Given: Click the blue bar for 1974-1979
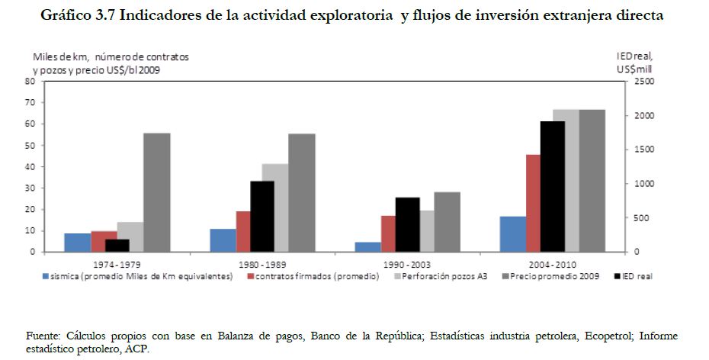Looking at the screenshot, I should coord(77,243).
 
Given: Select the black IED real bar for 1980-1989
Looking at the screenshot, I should coord(261,216).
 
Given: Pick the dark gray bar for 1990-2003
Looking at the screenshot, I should coord(447,222).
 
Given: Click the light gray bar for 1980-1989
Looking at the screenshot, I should coord(275,207).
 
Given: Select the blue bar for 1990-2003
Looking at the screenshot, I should coord(367,246).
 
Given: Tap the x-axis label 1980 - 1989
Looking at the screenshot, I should coord(261,263).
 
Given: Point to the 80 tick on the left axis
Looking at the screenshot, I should coord(30,81).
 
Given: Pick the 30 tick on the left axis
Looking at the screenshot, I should coord(30,188).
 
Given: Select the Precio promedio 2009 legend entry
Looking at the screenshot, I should coord(553,276).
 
